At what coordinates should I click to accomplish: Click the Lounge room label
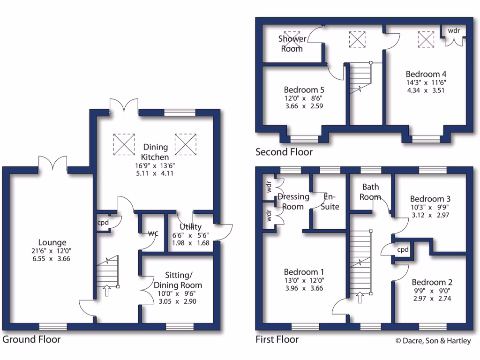(52, 243)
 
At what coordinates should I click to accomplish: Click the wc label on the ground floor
(153, 233)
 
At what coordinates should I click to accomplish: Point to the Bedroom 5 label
(304, 90)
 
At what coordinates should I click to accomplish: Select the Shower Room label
(292, 44)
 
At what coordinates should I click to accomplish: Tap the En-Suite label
(331, 202)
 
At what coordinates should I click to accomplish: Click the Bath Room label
(370, 192)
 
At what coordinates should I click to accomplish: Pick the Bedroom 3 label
(430, 199)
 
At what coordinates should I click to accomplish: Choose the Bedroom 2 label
(432, 282)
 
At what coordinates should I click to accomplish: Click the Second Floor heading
(284, 152)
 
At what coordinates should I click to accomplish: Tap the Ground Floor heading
(31, 339)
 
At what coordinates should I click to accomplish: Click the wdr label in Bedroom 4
(454, 30)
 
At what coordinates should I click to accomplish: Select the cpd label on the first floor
(403, 250)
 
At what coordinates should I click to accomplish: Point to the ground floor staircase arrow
(106, 291)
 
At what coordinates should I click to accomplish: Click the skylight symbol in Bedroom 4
(426, 39)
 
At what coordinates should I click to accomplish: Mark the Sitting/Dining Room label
(177, 280)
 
